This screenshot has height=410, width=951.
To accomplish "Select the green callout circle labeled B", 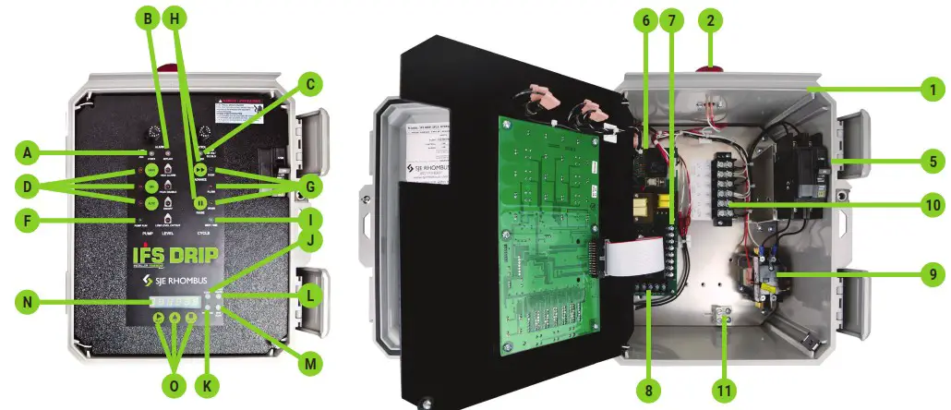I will (x=146, y=18).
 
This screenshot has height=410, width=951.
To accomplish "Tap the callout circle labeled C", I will (x=311, y=85).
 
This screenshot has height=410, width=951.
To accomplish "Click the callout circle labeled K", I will (x=211, y=385).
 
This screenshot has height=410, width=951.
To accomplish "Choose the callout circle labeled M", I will (x=310, y=364).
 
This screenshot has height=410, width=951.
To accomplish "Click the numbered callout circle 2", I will (x=709, y=18).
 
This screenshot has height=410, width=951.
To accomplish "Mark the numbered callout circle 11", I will (x=725, y=391).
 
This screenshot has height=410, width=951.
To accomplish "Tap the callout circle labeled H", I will (x=173, y=18).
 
